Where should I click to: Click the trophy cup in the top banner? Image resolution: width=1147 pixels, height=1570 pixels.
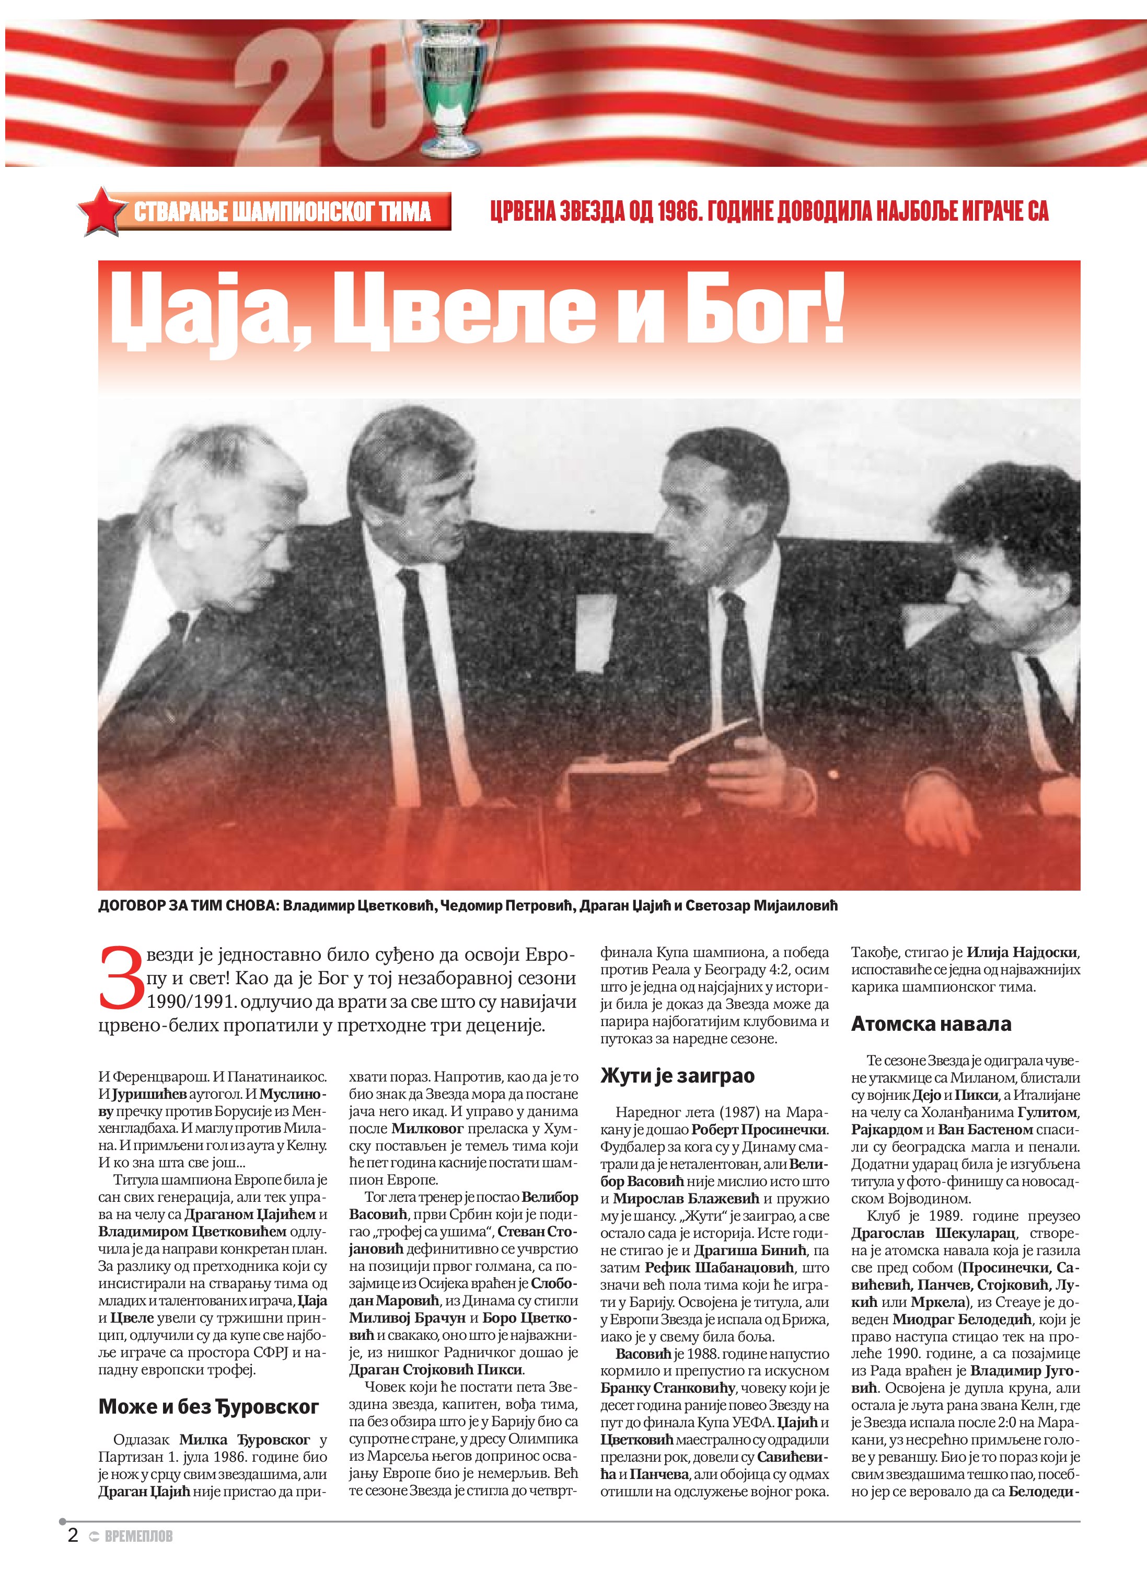point(452,83)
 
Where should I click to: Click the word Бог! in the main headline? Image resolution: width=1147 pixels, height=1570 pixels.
point(764,309)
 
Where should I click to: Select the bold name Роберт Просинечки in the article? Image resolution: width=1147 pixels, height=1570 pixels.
point(760,1129)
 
